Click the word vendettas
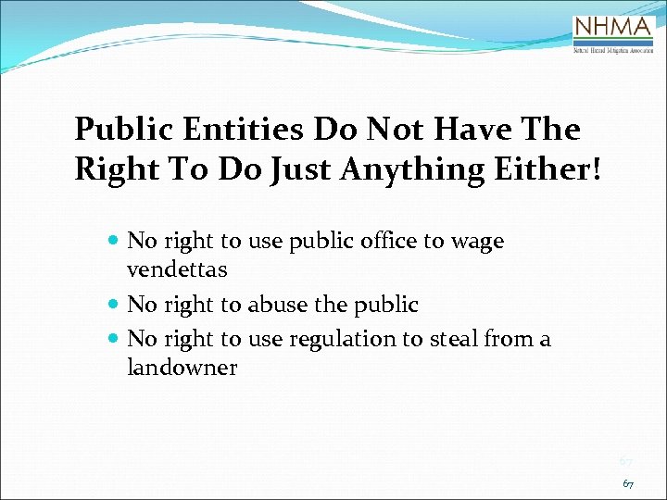[x=177, y=270]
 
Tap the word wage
[x=477, y=243]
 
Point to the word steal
[x=453, y=339]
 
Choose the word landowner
[x=182, y=368]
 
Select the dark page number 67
[x=627, y=483]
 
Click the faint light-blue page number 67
[x=625, y=460]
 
